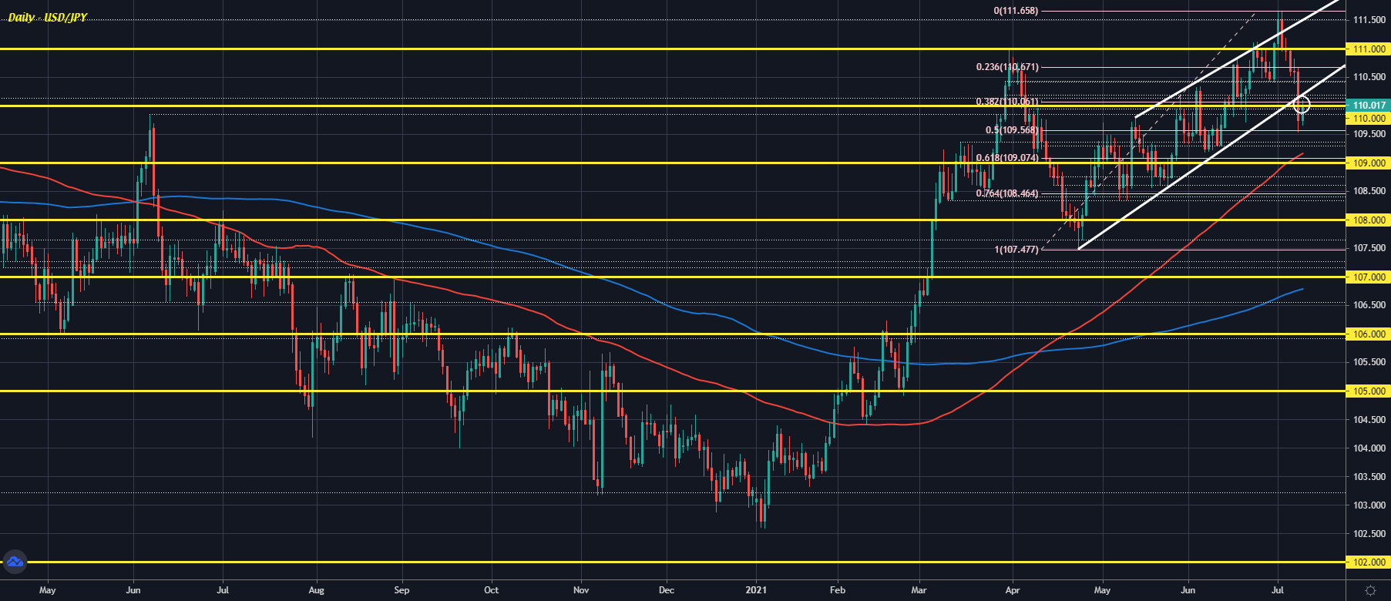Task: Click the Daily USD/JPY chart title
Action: (x=47, y=17)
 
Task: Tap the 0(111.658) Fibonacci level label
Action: (x=1016, y=11)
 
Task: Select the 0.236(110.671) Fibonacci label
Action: (x=1006, y=67)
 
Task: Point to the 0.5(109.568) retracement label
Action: (x=1011, y=130)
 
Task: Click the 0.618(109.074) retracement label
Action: (x=1006, y=158)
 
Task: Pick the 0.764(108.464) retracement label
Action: (x=1006, y=193)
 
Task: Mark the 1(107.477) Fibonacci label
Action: (x=1016, y=250)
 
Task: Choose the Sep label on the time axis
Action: (x=402, y=590)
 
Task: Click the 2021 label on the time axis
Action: (x=757, y=590)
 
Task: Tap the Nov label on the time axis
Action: (x=581, y=590)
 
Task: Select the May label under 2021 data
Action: (x=1102, y=590)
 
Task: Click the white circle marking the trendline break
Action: (x=1301, y=104)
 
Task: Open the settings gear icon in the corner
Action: (x=1370, y=590)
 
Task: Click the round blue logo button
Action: (x=15, y=562)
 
